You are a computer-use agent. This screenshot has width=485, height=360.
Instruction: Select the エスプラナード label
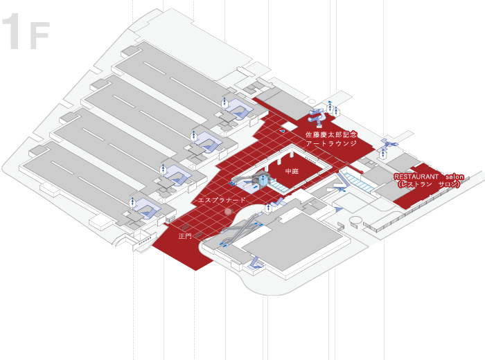222,199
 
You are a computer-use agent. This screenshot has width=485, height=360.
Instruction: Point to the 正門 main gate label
185,236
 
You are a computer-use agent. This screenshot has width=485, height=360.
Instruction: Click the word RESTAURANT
416,177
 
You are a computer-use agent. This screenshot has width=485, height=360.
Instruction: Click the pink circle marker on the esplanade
228,210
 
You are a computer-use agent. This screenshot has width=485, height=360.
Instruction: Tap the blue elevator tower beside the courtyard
264,180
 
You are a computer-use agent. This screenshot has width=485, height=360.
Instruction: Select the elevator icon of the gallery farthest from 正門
224,102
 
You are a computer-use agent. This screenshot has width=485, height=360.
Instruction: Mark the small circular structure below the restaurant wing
355,221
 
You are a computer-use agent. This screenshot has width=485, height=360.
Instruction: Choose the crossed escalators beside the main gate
236,236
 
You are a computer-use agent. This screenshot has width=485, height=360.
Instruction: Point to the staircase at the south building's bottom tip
254,262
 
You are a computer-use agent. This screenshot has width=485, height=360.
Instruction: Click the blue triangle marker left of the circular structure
338,208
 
